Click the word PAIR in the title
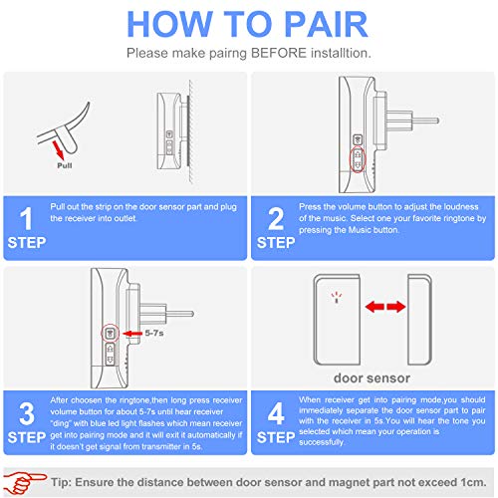click(x=327, y=24)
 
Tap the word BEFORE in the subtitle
click(x=279, y=53)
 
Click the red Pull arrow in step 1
click(x=58, y=149)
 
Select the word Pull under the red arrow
click(x=65, y=165)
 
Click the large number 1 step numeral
click(x=26, y=219)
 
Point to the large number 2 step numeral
click(x=276, y=219)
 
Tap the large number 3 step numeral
click(x=27, y=413)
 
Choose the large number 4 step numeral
click(x=276, y=413)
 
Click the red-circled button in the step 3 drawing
click(x=110, y=333)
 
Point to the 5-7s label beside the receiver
click(x=154, y=333)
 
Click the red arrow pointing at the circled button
click(x=132, y=333)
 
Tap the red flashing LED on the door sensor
click(x=337, y=298)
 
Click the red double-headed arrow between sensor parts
click(x=385, y=307)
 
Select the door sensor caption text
click(x=372, y=378)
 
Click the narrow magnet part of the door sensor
click(x=419, y=320)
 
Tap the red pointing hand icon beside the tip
click(x=23, y=482)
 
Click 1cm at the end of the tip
click(x=473, y=482)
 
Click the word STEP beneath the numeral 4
click(x=276, y=437)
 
